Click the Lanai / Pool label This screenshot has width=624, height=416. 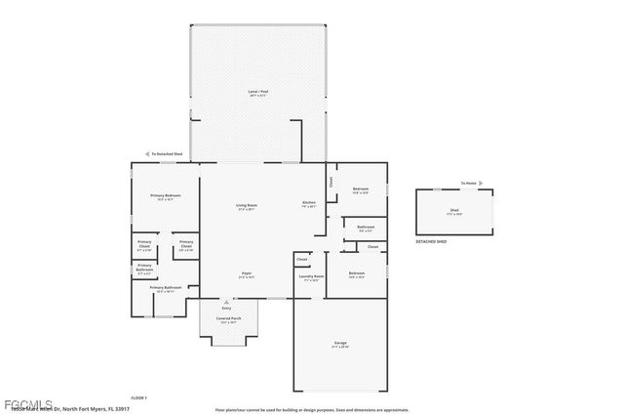[x=257, y=93]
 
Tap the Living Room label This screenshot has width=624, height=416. [x=245, y=206]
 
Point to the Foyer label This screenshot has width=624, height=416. [x=246, y=274]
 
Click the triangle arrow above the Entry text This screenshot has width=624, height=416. [x=226, y=301]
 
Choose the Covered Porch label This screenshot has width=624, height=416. [x=230, y=318]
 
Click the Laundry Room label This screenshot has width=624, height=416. [x=311, y=277]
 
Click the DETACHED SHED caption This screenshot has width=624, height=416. [x=433, y=240]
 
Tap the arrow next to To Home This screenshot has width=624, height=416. [x=481, y=183]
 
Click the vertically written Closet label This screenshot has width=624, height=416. [x=331, y=182]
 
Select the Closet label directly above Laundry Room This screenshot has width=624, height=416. [x=302, y=259]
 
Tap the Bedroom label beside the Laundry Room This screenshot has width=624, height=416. [x=357, y=274]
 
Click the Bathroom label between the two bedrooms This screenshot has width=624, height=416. [x=366, y=228]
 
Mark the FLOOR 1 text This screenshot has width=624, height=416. [x=138, y=397]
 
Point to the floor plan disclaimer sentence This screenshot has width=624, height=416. [x=312, y=410]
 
